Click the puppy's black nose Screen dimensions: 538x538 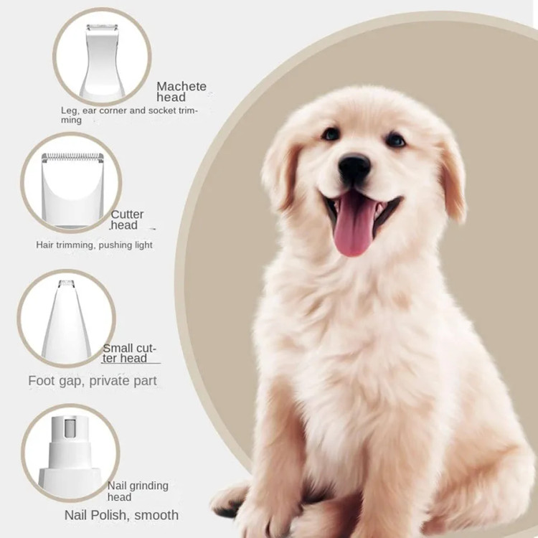tap(354, 166)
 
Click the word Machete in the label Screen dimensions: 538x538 tap(181, 86)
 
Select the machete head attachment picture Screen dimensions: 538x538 tap(102, 61)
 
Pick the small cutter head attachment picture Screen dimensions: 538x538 tap(66, 320)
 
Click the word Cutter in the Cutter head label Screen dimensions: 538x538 tap(127, 214)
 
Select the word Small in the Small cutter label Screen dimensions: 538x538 tap(118, 348)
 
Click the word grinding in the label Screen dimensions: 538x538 tap(148, 486)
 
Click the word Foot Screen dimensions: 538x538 tap(42, 380)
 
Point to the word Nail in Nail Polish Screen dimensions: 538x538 tap(77, 515)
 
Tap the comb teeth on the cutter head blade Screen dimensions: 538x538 tap(72, 157)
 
